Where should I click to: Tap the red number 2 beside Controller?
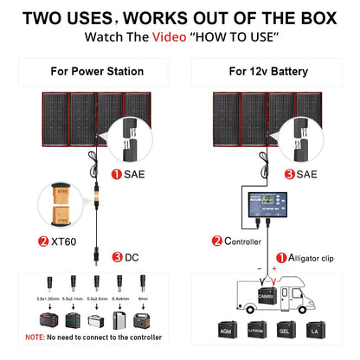click(x=218, y=242)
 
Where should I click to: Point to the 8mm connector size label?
click(x=143, y=297)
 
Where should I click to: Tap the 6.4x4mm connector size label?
click(x=118, y=297)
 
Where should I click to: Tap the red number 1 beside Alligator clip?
click(x=280, y=258)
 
